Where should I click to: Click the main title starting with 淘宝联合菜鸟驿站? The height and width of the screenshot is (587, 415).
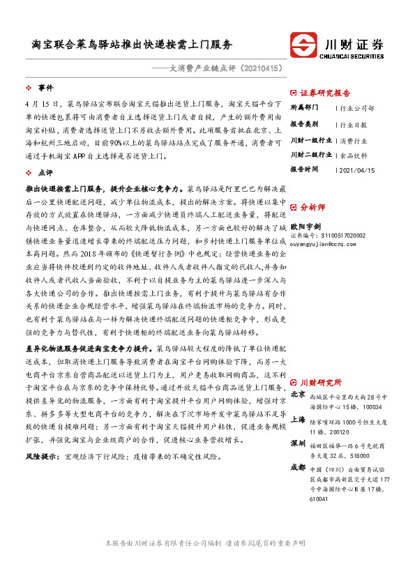pos(133,44)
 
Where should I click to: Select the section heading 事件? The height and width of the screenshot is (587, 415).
pos(45,88)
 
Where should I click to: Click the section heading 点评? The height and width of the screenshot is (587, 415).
pos(45,171)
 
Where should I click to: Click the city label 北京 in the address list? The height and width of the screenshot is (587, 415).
pos(297,395)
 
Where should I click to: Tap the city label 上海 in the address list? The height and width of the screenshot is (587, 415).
pos(297,420)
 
